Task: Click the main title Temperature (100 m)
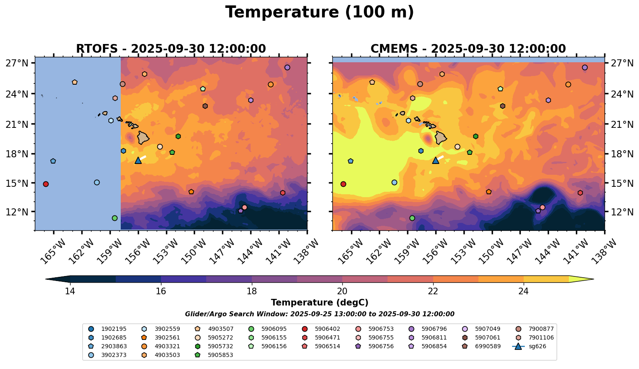click(319, 12)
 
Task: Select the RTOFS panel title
click(171, 49)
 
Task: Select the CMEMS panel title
click(468, 49)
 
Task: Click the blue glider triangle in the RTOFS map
click(138, 160)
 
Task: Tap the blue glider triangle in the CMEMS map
click(436, 160)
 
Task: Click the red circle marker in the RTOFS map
click(46, 184)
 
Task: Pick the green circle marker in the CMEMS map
click(412, 218)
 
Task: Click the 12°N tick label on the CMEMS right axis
click(623, 212)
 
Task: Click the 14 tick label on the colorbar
click(70, 291)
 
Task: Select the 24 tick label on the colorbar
click(523, 291)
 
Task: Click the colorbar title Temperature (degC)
click(319, 303)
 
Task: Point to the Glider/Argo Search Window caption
click(319, 314)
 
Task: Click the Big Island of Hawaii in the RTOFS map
click(143, 137)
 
